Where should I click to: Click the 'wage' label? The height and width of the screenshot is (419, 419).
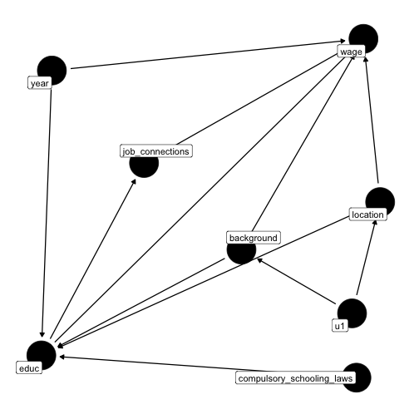351,52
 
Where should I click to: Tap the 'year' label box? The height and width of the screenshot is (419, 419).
40,83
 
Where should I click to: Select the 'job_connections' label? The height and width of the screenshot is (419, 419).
156,151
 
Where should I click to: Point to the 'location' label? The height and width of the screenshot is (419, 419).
367,214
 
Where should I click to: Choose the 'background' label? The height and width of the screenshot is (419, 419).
254,238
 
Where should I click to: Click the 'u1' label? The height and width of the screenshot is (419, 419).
340,326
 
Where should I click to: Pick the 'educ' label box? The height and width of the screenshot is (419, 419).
29,367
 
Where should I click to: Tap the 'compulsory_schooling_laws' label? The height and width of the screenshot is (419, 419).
295,378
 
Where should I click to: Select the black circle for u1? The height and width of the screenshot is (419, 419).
352,313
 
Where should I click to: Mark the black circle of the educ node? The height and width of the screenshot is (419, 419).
42,355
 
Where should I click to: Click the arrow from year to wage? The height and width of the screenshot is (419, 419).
208,55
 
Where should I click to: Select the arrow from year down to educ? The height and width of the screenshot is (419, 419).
47,213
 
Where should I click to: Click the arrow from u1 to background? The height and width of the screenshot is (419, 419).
296,281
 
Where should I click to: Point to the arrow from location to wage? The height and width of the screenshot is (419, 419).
372,120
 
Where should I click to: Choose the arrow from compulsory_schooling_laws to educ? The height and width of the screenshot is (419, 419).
162,364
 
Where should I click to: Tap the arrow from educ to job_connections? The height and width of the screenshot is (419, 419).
93,259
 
